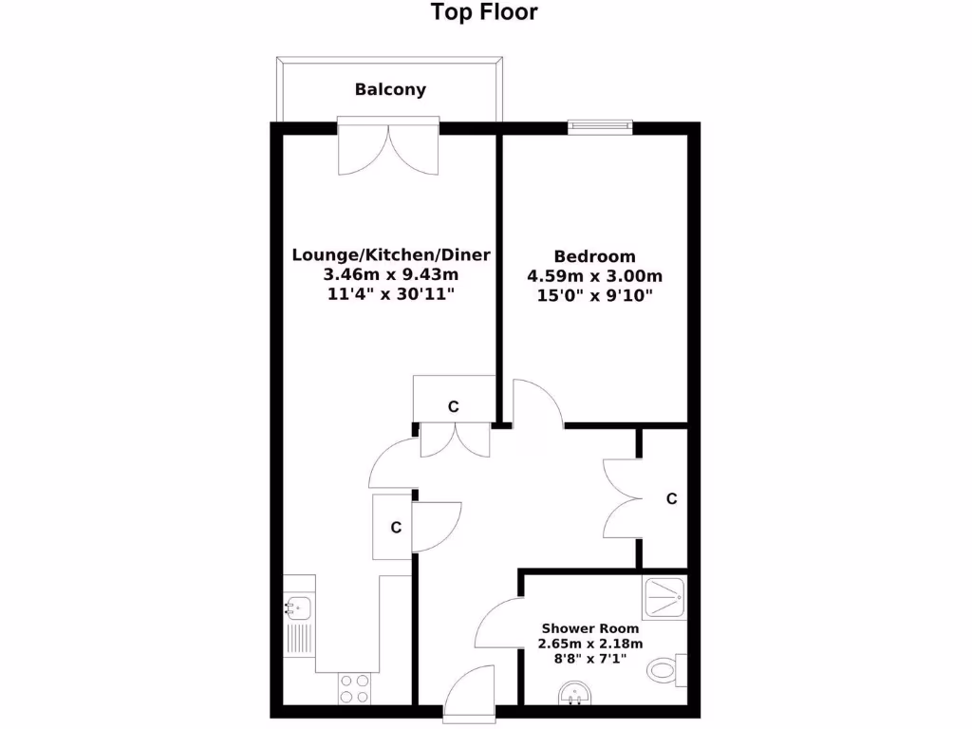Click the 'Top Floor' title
click(x=484, y=12)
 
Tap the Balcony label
click(x=390, y=90)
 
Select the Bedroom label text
click(x=594, y=256)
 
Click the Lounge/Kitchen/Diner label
click(x=391, y=254)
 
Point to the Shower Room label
click(x=590, y=628)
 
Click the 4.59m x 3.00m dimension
click(x=594, y=277)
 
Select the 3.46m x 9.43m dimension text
click(x=391, y=275)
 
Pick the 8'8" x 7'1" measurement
click(x=590, y=659)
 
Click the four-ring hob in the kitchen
click(x=356, y=688)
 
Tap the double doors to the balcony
click(x=389, y=147)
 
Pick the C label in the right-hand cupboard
click(x=671, y=499)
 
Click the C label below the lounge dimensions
click(x=454, y=407)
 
